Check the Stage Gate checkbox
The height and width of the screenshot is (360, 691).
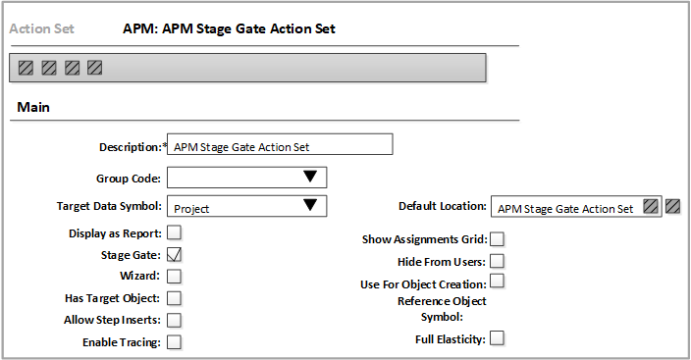pos(175,254)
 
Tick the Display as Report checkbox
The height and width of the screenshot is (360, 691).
pos(175,232)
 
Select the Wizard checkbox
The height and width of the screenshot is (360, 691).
pos(175,276)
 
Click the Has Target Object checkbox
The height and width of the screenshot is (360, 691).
pos(175,297)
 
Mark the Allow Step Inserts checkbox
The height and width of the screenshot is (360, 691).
pos(175,320)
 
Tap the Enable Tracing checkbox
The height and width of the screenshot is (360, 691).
pos(175,341)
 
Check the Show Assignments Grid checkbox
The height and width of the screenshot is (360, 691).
pos(498,238)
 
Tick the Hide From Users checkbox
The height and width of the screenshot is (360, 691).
pos(498,260)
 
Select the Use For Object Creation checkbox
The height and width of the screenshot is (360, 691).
pos(498,282)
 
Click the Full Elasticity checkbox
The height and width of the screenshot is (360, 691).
pos(498,338)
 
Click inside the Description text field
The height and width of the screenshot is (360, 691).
pos(280,145)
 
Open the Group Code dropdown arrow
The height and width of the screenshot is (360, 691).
pos(310,177)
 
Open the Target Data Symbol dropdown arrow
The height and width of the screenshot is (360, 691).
pos(310,206)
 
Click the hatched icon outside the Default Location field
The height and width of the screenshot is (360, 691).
pos(672,206)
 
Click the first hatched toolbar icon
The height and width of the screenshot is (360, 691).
pos(27,68)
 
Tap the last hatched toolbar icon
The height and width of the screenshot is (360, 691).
pos(94,68)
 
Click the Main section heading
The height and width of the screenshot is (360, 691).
pos(34,106)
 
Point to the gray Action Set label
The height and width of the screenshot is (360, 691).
pos(42,28)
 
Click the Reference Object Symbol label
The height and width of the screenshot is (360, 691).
pos(442,309)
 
